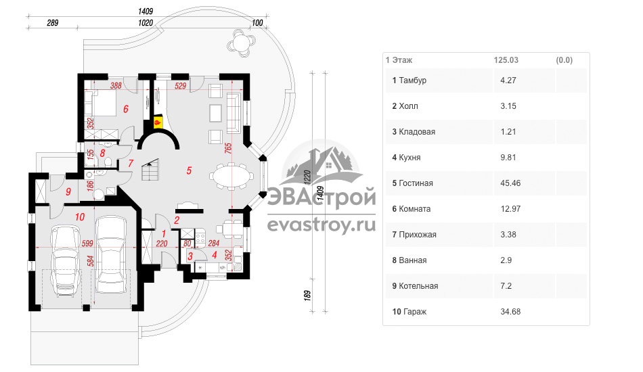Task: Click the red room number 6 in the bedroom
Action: [126, 109]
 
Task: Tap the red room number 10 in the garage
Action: [80, 216]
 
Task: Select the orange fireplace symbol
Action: [158, 122]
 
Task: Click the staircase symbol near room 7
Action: [150, 170]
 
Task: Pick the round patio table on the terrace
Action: [241, 43]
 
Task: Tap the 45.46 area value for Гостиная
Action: [510, 183]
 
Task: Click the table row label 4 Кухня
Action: [406, 158]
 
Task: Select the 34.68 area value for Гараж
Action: [510, 312]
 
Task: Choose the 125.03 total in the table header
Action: [506, 60]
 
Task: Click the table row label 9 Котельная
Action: [415, 286]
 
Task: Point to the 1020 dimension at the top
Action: [146, 23]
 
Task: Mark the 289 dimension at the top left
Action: [53, 23]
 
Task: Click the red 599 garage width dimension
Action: [87, 243]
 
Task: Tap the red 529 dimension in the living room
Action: [181, 86]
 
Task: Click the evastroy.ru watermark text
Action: [321, 225]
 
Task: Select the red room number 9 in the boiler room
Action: [68, 191]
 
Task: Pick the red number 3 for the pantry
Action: [190, 257]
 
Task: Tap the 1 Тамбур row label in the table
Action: [409, 80]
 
